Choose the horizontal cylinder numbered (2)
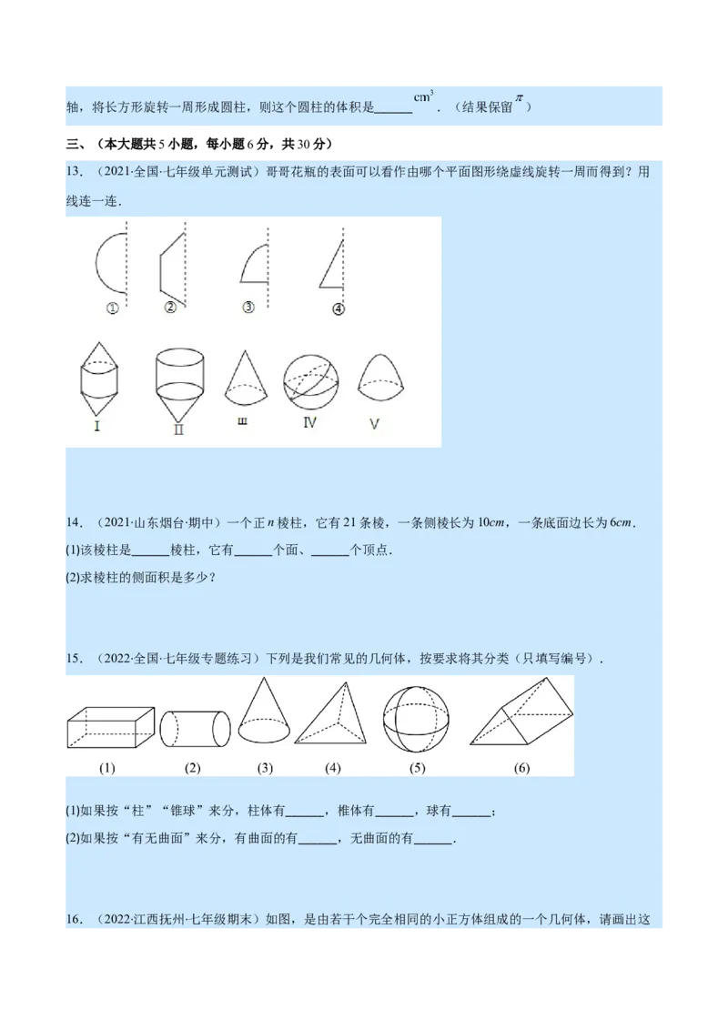tap(195, 729)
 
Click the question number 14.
tap(75, 522)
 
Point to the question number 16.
tap(75, 919)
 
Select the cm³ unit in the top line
tap(423, 96)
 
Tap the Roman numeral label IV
tap(309, 423)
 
